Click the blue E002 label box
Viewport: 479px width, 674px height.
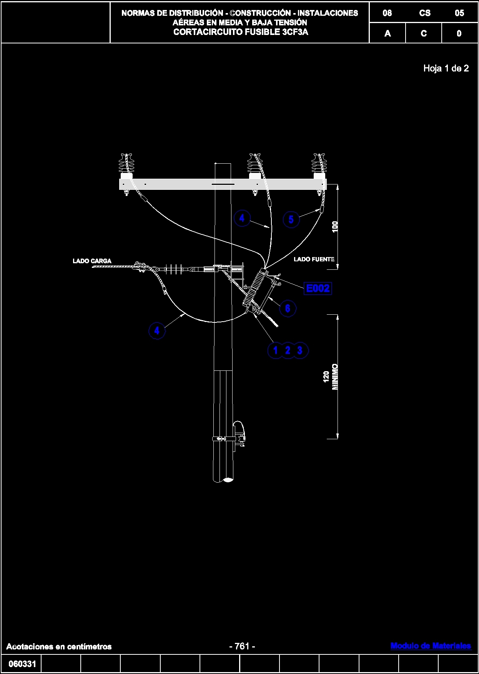[x=318, y=288]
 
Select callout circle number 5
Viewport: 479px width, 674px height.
[x=291, y=219]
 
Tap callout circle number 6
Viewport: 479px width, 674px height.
[x=288, y=309]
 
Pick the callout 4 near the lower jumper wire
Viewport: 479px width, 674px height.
[x=157, y=330]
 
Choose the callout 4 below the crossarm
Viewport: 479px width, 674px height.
[x=242, y=218]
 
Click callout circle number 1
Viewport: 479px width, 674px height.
[x=275, y=350]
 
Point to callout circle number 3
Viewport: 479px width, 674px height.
[x=300, y=350]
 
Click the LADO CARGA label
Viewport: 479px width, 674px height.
[x=92, y=261]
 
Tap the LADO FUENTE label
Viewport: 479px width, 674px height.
[x=314, y=259]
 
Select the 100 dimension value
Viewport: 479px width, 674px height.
[x=335, y=227]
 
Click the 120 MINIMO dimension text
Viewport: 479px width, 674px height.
[x=331, y=377]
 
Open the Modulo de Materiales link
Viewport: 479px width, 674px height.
[x=431, y=646]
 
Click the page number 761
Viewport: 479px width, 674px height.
[x=242, y=646]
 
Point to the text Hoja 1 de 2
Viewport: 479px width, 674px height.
[x=446, y=68]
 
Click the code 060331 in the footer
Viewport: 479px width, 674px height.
[x=22, y=664]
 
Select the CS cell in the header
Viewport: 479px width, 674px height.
[x=424, y=13]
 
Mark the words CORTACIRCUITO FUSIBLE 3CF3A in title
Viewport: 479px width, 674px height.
[x=241, y=32]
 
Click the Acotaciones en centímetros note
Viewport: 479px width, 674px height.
[x=59, y=646]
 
